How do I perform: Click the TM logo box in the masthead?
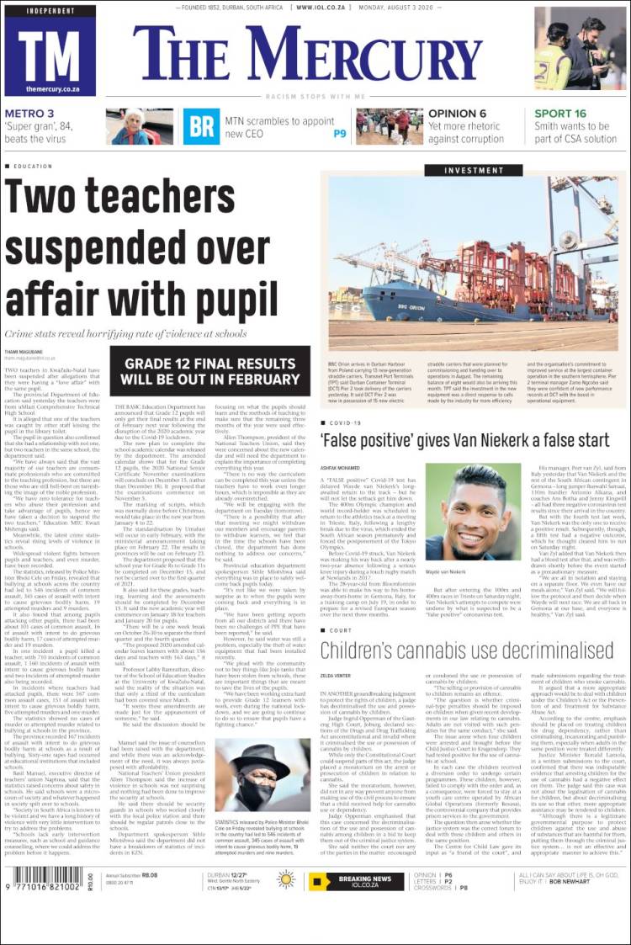pos(50,51)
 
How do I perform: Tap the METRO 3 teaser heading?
pos(29,114)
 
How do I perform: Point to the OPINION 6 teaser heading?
pos(458,114)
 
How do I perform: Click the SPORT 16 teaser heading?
pos(560,114)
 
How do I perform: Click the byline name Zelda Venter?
pos(335,675)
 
